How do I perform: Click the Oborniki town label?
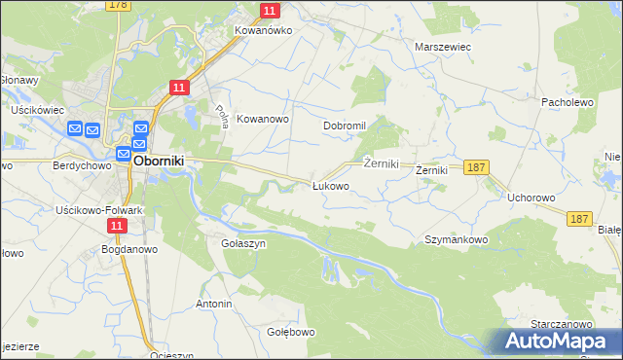point(160,161)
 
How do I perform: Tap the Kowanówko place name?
point(263,30)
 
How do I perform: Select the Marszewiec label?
point(443,47)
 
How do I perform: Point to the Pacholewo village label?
point(568,101)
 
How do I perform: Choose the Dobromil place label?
point(344,126)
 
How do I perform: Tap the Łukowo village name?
point(330,186)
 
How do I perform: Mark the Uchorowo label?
point(531,198)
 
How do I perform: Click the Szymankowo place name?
point(456,239)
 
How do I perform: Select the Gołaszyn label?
point(243,244)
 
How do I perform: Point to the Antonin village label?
point(214,305)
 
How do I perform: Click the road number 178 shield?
point(119,6)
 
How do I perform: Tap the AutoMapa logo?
point(558,342)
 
